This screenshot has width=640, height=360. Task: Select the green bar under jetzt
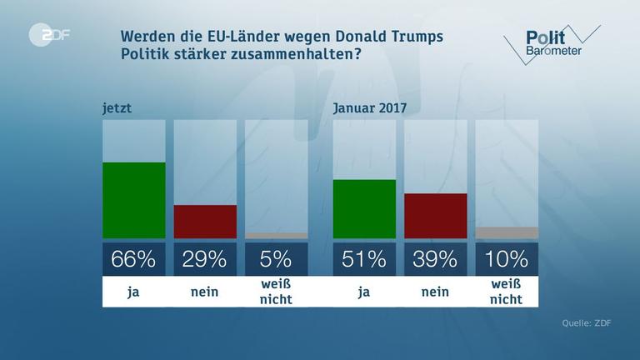pyautogui.click(x=133, y=200)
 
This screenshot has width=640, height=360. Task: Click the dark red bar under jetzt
pyautogui.click(x=205, y=222)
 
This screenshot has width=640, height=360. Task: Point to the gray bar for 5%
pyautogui.click(x=277, y=236)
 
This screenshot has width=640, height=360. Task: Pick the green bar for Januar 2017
pyautogui.click(x=364, y=209)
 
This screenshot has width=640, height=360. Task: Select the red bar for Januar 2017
pyautogui.click(x=435, y=216)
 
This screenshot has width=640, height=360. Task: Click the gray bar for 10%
pyautogui.click(x=507, y=232)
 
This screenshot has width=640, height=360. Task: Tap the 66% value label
pyautogui.click(x=133, y=259)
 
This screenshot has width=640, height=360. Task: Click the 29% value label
pyautogui.click(x=205, y=259)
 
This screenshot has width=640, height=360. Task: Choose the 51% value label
pyautogui.click(x=364, y=259)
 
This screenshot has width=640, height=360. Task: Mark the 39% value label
pyautogui.click(x=435, y=259)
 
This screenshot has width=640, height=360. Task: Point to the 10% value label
pyautogui.click(x=507, y=259)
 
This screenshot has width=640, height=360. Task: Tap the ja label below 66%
pyautogui.click(x=133, y=292)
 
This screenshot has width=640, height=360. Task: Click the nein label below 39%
pyautogui.click(x=435, y=292)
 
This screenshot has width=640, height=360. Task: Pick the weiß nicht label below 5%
pyautogui.click(x=277, y=292)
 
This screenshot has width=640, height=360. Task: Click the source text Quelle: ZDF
pyautogui.click(x=587, y=324)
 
